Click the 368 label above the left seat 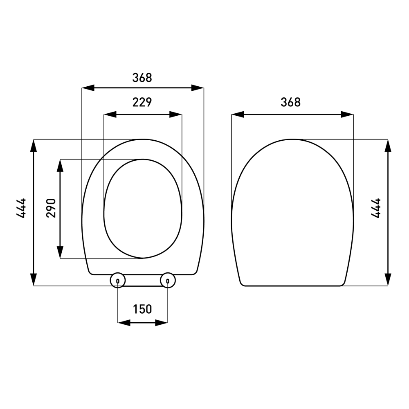(x=142, y=77)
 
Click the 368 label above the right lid (x=291, y=102)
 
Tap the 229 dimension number (x=142, y=102)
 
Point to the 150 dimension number (x=142, y=309)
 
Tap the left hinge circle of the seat (x=118, y=281)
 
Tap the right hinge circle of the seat (x=168, y=281)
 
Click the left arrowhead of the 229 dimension (x=110, y=115)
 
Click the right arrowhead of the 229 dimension (x=176, y=115)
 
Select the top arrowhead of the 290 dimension (x=60, y=165)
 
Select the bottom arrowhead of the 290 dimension (x=60, y=252)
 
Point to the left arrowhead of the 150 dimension (x=124, y=323)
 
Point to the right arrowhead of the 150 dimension (x=162, y=323)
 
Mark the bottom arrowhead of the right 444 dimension (x=388, y=280)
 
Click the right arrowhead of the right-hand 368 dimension (x=347, y=115)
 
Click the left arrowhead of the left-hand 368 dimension (x=88, y=88)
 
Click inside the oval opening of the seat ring (x=142, y=209)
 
